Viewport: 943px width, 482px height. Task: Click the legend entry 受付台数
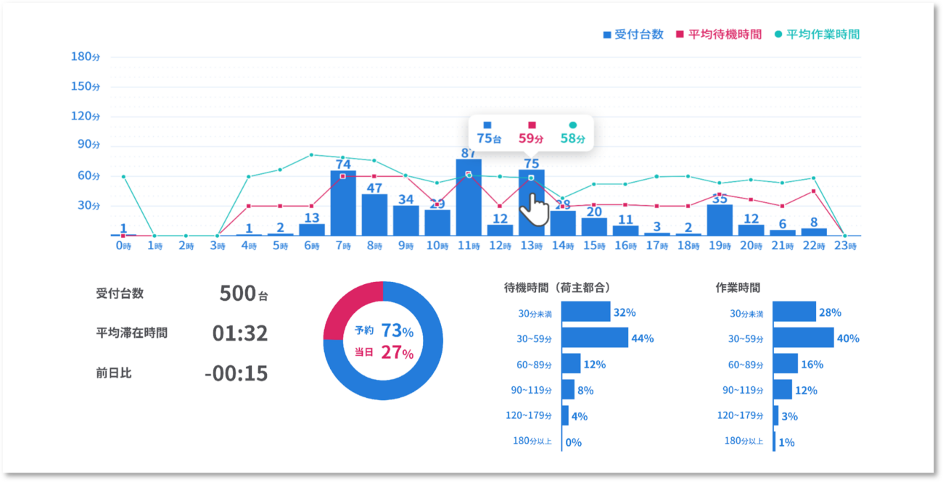coord(633,34)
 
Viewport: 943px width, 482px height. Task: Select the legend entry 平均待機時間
coord(719,34)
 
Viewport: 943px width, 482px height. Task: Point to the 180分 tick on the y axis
coord(86,57)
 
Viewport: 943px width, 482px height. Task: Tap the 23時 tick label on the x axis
coord(846,246)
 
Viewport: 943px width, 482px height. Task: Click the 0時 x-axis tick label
coord(123,246)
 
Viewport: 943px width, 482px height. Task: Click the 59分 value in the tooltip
coord(532,138)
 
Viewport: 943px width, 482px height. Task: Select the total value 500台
coord(244,294)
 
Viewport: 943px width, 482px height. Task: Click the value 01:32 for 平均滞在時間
coord(240,333)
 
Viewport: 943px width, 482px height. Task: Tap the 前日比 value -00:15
coord(236,373)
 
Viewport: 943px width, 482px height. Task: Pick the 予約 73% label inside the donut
coord(384,331)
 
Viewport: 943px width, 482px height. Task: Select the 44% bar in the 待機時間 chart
coord(595,338)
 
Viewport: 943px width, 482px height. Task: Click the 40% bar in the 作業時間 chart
coord(803,338)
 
